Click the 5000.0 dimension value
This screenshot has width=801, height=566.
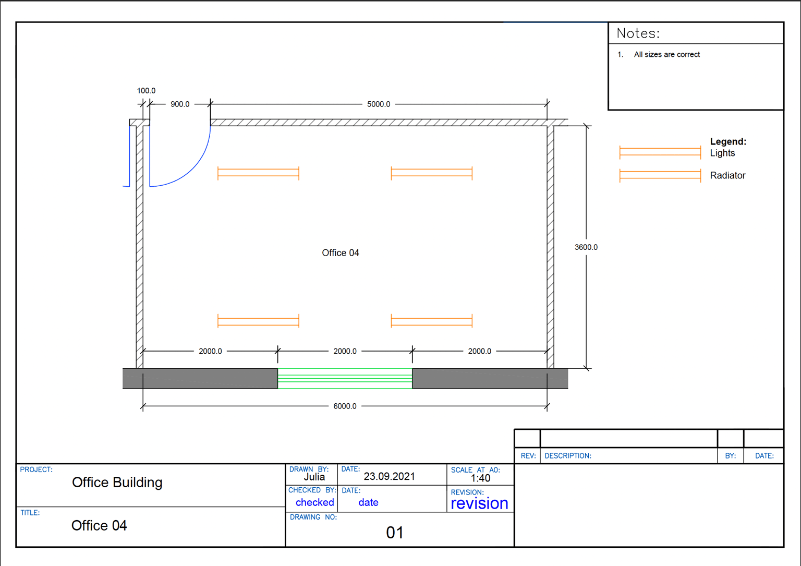(378, 104)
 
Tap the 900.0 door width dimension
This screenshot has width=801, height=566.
(180, 104)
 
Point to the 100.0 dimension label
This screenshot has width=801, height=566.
(146, 91)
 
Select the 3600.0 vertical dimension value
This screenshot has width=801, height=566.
(586, 247)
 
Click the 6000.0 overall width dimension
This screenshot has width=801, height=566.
(345, 406)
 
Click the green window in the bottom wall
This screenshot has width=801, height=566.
(345, 378)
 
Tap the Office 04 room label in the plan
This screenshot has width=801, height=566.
(341, 253)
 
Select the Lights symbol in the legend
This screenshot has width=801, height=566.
(660, 152)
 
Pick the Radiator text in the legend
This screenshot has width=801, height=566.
(727, 175)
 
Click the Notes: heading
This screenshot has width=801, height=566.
(638, 33)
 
